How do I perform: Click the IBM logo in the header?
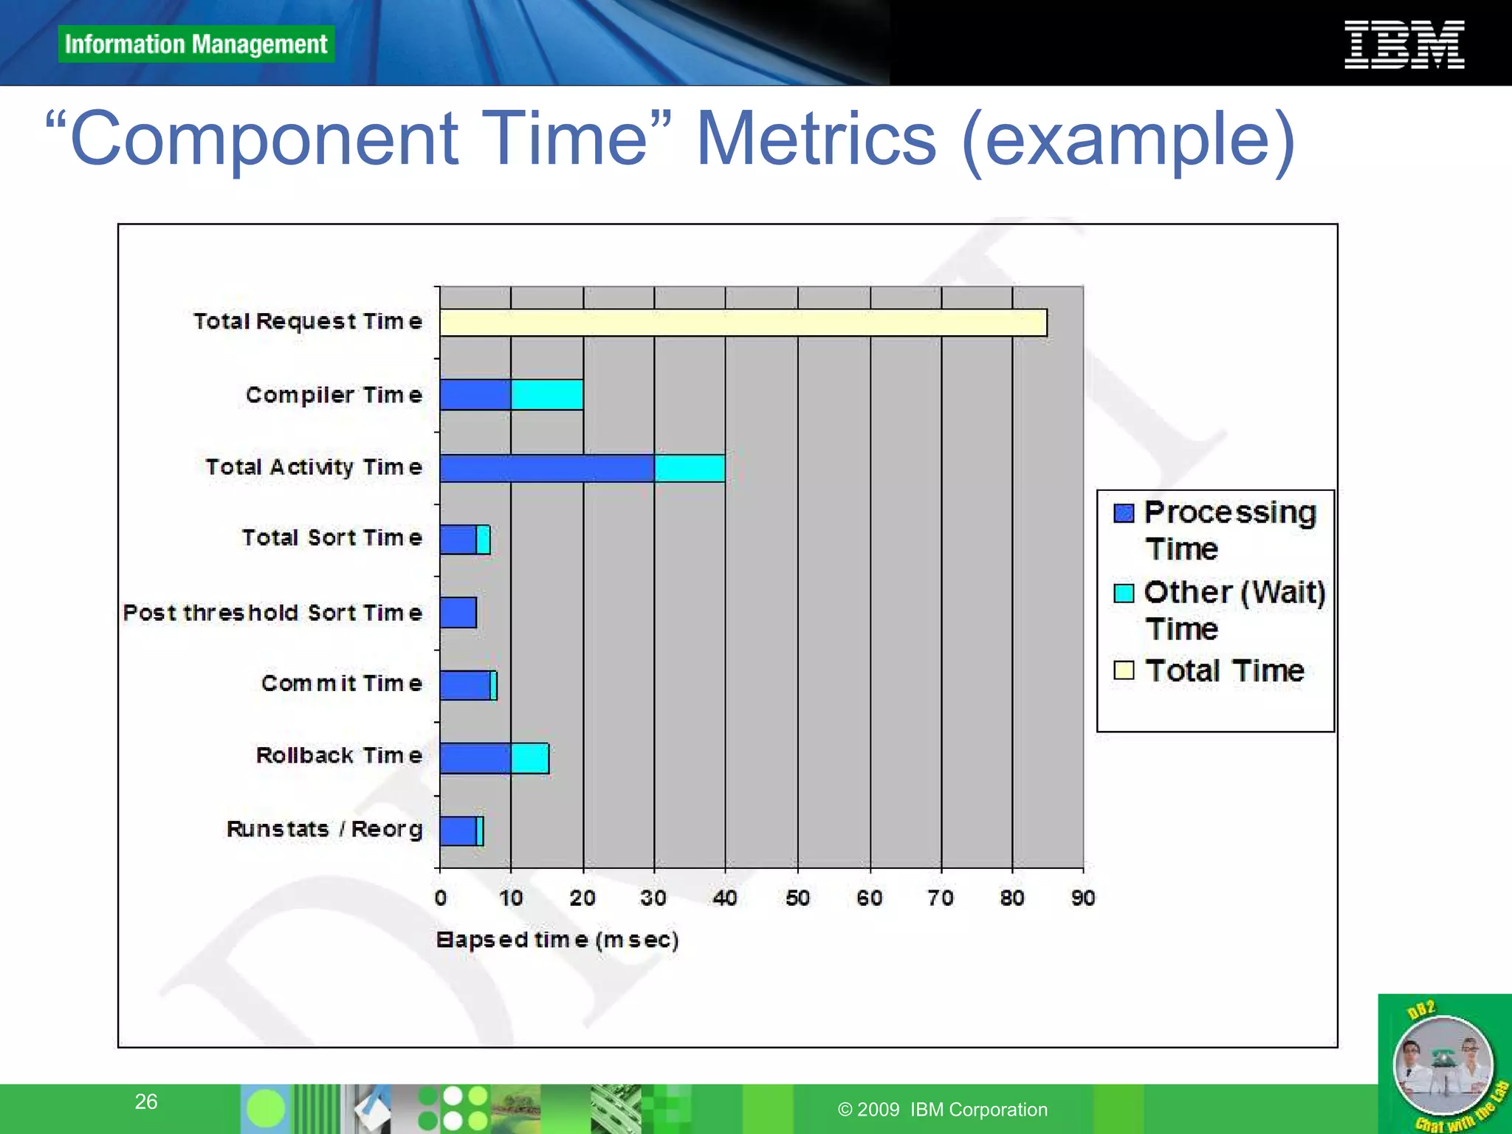(x=1403, y=45)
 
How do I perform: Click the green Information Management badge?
(x=196, y=44)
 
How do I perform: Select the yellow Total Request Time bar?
(x=743, y=323)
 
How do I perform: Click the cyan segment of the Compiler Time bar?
(x=547, y=395)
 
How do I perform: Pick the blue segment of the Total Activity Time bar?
(x=546, y=468)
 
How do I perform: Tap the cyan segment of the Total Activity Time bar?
(x=690, y=468)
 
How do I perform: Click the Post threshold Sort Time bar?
(x=458, y=613)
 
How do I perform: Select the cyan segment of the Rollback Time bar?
(x=529, y=758)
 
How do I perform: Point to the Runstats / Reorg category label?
(x=324, y=829)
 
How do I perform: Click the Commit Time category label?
(x=342, y=684)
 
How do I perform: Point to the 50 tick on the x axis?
(x=797, y=898)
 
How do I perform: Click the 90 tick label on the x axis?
(x=1083, y=898)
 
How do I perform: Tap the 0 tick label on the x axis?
(x=441, y=898)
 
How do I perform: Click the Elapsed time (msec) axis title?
(x=557, y=940)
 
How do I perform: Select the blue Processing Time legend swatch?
(x=1124, y=513)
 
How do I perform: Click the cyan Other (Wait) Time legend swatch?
(x=1124, y=593)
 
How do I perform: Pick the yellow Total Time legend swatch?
(x=1124, y=670)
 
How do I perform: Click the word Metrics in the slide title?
(x=816, y=139)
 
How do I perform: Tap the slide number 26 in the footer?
(x=146, y=1102)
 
